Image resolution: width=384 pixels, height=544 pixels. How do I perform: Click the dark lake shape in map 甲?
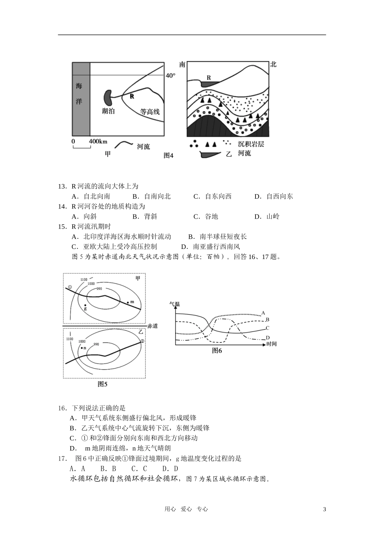tap(108, 97)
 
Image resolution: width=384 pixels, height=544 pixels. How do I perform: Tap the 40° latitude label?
tap(171, 75)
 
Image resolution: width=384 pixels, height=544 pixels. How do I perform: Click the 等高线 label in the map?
tap(150, 112)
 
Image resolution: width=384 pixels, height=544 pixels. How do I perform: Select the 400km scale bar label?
tap(98, 141)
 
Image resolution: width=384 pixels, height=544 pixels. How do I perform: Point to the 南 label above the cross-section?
tap(182, 65)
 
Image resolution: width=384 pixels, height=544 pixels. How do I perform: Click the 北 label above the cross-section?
tap(273, 64)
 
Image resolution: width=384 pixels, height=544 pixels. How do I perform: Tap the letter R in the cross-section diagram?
tap(209, 77)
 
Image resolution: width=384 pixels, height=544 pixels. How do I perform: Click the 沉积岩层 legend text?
tap(251, 144)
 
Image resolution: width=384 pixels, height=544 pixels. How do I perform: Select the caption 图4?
tap(168, 155)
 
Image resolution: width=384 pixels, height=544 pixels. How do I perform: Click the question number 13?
tap(62, 186)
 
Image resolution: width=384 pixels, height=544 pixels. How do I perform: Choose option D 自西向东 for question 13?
tap(274, 196)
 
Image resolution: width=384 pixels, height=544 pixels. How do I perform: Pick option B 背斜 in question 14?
tap(145, 217)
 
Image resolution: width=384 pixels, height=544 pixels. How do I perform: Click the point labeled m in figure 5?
tap(128, 302)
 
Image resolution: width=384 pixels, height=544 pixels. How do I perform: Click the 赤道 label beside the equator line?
tap(152, 326)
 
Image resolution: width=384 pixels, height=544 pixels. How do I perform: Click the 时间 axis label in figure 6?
tap(271, 344)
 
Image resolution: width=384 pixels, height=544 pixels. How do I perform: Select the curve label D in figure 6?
tap(268, 338)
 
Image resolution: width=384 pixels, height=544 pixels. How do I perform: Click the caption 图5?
tap(103, 384)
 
